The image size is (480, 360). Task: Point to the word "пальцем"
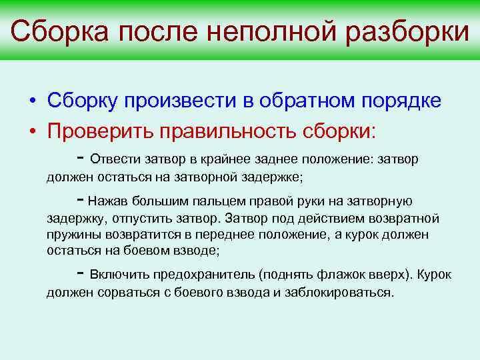coord(219,201)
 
